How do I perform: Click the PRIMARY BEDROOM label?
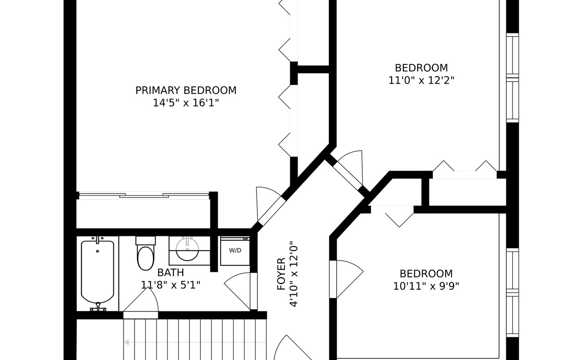click(186, 90)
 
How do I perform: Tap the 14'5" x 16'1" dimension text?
click(186, 103)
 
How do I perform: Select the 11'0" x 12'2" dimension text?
click(421, 81)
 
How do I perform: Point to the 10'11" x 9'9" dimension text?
click(426, 286)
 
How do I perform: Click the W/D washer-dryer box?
click(235, 251)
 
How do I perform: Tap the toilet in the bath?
click(145, 257)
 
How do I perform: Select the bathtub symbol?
click(97, 272)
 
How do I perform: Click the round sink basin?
click(187, 249)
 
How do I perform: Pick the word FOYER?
click(281, 274)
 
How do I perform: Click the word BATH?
click(171, 272)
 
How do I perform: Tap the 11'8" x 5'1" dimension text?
click(171, 285)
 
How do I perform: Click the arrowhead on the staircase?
click(127, 342)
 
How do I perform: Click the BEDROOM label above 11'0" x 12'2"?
click(421, 68)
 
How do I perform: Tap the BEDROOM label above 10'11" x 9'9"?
click(426, 274)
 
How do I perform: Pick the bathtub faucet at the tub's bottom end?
click(98, 308)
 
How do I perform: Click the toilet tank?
click(145, 240)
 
